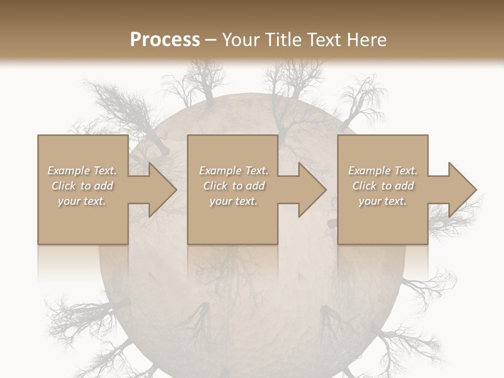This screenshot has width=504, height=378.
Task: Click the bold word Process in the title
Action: pyautogui.click(x=165, y=39)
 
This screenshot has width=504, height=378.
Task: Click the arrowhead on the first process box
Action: pyautogui.click(x=157, y=190)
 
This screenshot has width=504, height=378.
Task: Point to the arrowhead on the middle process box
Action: pyautogui.click(x=308, y=190)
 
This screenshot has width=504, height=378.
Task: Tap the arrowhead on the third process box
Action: pyautogui.click(x=457, y=190)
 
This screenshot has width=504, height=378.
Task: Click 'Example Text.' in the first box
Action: pyautogui.click(x=82, y=171)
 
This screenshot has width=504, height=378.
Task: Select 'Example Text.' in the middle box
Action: pyautogui.click(x=234, y=171)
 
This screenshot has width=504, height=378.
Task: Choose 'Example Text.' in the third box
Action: pyautogui.click(x=383, y=171)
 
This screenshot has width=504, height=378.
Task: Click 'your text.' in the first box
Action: pyautogui.click(x=82, y=201)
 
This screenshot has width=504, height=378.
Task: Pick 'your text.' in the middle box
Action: pyautogui.click(x=234, y=201)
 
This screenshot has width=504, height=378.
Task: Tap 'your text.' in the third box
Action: pyautogui.click(x=383, y=201)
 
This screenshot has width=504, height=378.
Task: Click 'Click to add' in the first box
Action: pyautogui.click(x=82, y=186)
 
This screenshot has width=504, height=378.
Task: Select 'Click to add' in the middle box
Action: pyautogui.click(x=234, y=186)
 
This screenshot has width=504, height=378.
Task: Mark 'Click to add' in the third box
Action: pyautogui.click(x=383, y=186)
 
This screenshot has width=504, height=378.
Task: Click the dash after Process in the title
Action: pyautogui.click(x=211, y=40)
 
